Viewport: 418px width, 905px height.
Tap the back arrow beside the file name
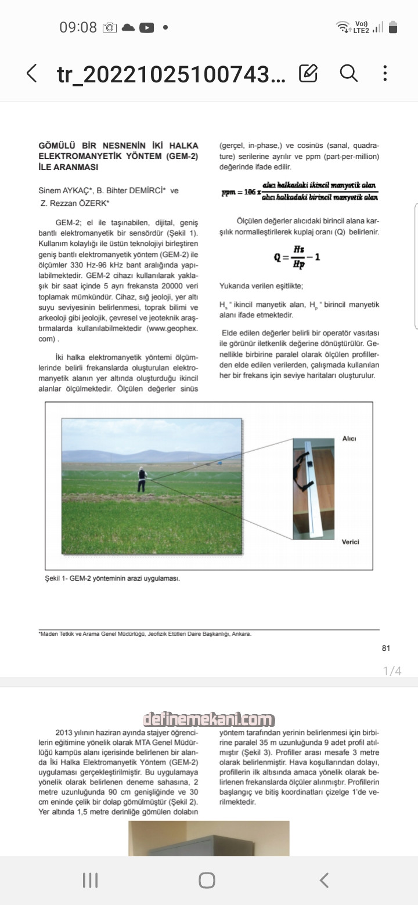pos(32,73)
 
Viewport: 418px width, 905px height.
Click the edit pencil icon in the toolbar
pos(308,73)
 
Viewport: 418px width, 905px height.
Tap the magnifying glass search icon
pos(348,73)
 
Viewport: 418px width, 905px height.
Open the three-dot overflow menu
pos(385,73)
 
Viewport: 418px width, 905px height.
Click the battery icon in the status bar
pos(393,27)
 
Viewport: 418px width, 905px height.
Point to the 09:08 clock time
pos(78,27)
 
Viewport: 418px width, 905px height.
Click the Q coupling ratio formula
pos(297,256)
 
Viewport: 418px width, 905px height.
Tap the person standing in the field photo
pos(141,479)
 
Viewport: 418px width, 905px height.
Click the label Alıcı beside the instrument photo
pos(349,439)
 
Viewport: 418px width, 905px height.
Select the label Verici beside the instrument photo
pos(350,542)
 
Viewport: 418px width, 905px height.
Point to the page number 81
pos(386,648)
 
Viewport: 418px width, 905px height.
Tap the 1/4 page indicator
pos(392,671)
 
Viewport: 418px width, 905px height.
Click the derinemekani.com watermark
pos(208,720)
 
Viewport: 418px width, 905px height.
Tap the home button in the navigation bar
pos(207,880)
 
